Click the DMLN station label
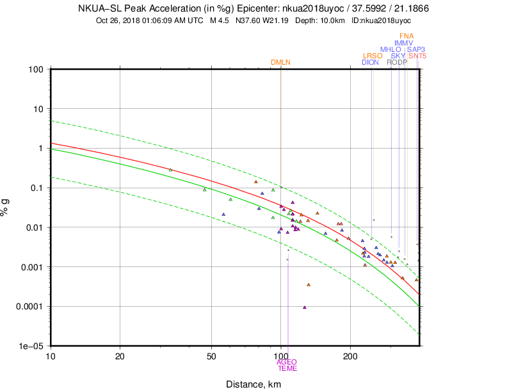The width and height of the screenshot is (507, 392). [280, 62]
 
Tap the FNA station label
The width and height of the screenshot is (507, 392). [406, 36]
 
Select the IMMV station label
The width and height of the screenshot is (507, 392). [403, 43]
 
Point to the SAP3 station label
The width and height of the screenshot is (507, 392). [417, 49]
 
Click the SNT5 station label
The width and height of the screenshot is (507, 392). [417, 56]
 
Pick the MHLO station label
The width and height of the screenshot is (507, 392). [390, 49]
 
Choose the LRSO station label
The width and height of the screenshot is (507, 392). [373, 56]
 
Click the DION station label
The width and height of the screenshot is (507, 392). [370, 62]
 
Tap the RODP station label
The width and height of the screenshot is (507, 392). [397, 62]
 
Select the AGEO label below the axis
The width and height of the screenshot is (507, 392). [287, 362]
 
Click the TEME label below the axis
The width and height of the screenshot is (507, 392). [287, 368]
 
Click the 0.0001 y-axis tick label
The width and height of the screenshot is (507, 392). [29, 306]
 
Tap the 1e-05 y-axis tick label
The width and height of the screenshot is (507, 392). [31, 346]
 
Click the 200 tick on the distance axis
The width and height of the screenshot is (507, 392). [350, 355]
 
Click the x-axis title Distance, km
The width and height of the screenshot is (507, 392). [253, 384]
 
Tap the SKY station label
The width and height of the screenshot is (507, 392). [398, 56]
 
